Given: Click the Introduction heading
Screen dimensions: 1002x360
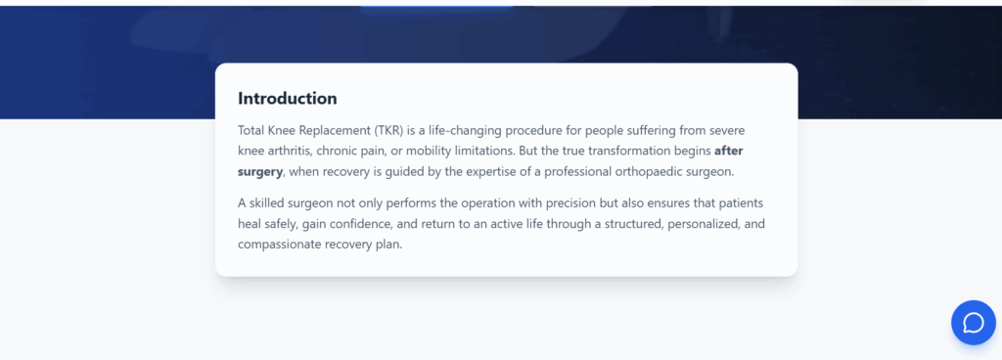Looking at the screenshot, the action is tap(287, 98).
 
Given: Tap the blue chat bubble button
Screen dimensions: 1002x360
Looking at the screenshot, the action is tap(974, 323).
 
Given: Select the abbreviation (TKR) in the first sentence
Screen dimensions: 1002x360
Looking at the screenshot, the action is tap(388, 131).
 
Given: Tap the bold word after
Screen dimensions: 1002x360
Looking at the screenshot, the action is tap(728, 152).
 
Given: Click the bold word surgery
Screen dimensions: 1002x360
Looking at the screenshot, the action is tap(259, 172).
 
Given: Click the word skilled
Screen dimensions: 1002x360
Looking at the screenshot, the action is tap(266, 203).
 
